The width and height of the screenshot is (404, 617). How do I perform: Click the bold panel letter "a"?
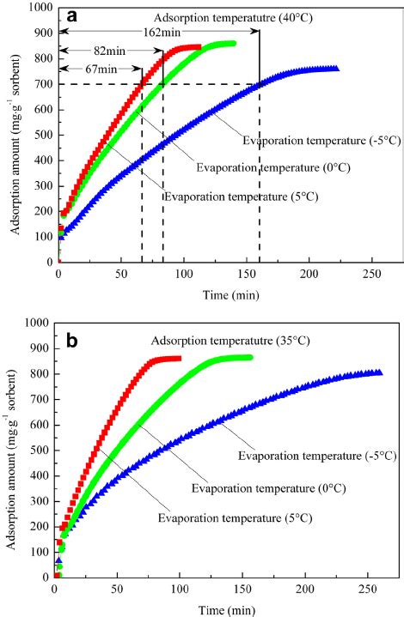[x=75, y=17]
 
